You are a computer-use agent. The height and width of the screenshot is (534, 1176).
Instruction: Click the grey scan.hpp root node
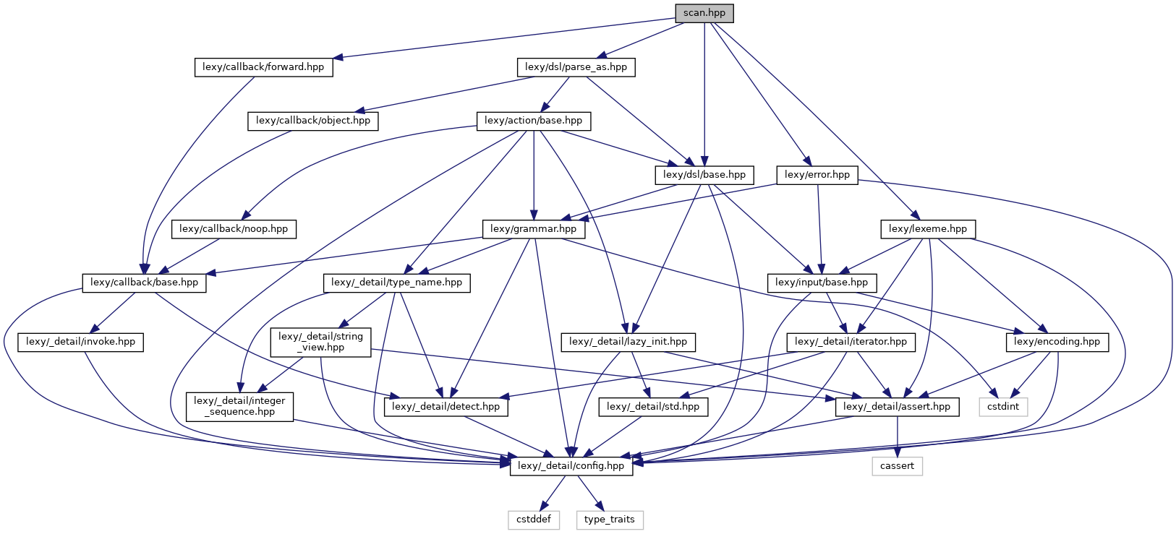pos(704,13)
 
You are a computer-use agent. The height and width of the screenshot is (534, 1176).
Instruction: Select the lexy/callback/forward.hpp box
pos(263,67)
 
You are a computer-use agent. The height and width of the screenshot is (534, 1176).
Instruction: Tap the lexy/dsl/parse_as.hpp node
pos(576,67)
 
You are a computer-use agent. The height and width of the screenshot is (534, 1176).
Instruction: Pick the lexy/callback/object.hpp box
pos(313,121)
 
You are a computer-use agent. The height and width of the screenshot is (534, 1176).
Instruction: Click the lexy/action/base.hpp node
pos(534,121)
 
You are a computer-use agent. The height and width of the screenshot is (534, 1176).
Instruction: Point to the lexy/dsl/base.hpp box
pos(704,175)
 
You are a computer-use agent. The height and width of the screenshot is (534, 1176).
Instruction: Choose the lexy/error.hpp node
pos(817,175)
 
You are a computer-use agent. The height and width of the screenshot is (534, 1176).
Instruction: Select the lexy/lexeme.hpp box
pos(928,229)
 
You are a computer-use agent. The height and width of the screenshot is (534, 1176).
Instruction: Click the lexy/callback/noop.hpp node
pos(234,229)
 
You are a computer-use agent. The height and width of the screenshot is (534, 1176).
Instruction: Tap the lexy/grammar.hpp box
pos(534,229)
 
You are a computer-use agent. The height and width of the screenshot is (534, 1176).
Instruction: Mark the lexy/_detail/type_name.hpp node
pos(397,283)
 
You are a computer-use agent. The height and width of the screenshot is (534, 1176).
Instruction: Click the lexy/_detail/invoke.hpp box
pos(80,342)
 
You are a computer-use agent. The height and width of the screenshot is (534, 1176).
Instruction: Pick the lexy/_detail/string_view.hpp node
pos(321,342)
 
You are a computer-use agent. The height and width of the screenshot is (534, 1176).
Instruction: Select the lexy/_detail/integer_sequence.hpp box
pos(239,407)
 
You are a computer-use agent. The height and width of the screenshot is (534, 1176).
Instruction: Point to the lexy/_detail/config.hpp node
pos(571,466)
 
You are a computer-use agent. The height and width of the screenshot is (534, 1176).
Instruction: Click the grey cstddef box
pos(534,520)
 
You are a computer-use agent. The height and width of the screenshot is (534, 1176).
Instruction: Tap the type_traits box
pos(610,520)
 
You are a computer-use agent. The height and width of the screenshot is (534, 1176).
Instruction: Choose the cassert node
pos(898,466)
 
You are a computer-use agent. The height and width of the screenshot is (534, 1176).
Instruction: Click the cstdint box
pos(1003,407)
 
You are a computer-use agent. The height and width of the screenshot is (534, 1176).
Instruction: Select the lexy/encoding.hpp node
pos(1057,342)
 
